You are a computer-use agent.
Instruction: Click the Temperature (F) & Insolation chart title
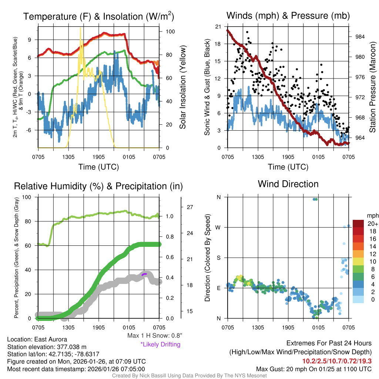click(x=98, y=17)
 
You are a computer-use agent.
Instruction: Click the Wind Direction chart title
click(x=288, y=184)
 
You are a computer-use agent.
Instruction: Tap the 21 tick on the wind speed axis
click(x=218, y=27)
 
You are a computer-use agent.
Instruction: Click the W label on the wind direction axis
click(x=218, y=227)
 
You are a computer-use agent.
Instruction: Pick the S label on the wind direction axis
click(x=218, y=258)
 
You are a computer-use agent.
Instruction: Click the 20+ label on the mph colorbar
click(x=372, y=224)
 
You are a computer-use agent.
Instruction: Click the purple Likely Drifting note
click(x=160, y=344)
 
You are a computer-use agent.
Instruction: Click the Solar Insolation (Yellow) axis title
click(x=182, y=87)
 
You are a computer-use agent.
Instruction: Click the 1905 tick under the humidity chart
click(x=99, y=327)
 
